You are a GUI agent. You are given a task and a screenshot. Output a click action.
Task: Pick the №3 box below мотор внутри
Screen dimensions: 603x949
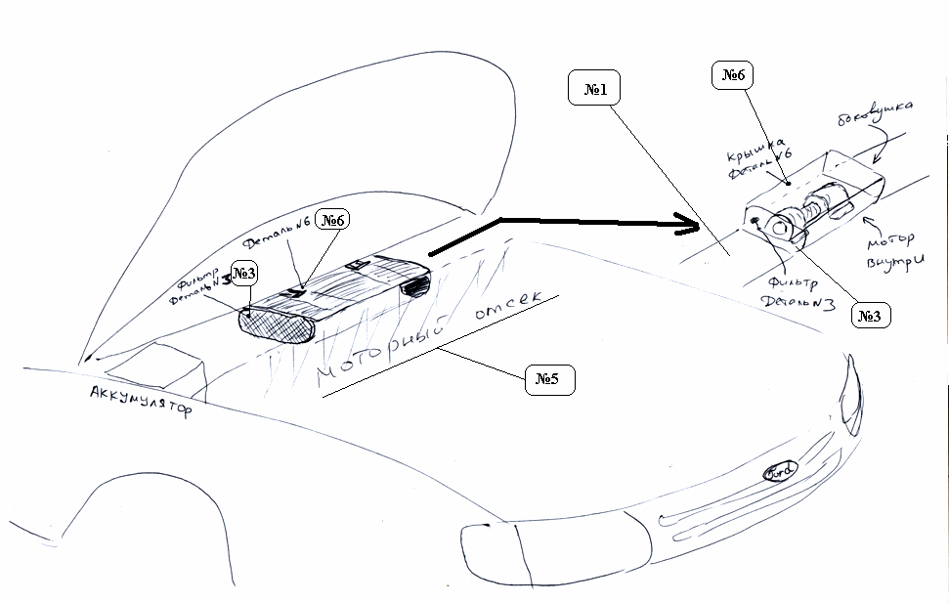pyautogui.click(x=870, y=315)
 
